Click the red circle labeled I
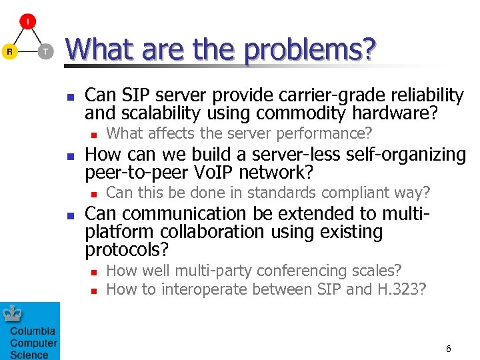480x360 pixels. [x=27, y=22]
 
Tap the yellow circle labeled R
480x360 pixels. [x=9, y=51]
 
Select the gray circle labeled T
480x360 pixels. [x=45, y=51]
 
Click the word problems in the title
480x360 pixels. [x=310, y=49]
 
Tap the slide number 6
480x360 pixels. [x=449, y=349]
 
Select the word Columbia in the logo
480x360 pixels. [x=32, y=331]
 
